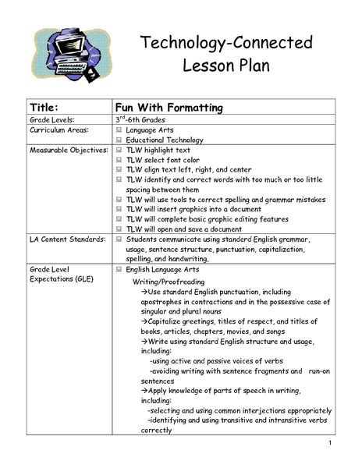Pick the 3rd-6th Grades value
tap(148, 122)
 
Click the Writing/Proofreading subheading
tap(169, 279)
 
